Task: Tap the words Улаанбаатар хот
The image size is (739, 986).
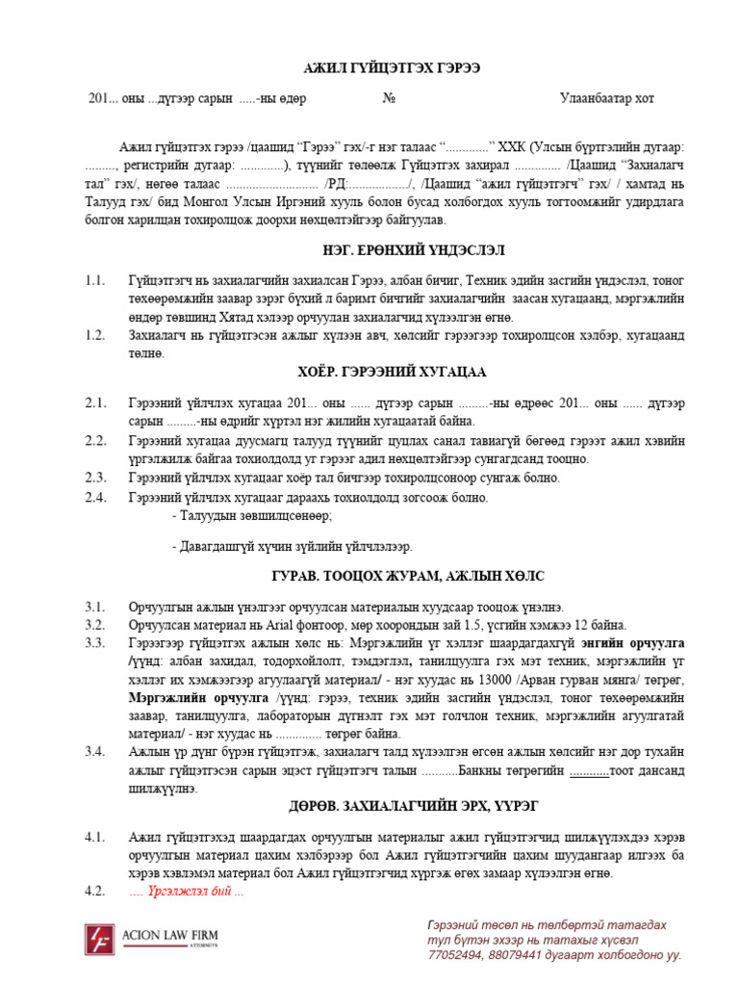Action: pyautogui.click(x=606, y=98)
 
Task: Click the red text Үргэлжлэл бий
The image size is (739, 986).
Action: pyautogui.click(x=189, y=892)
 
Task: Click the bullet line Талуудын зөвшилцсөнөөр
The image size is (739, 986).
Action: pyautogui.click(x=252, y=516)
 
